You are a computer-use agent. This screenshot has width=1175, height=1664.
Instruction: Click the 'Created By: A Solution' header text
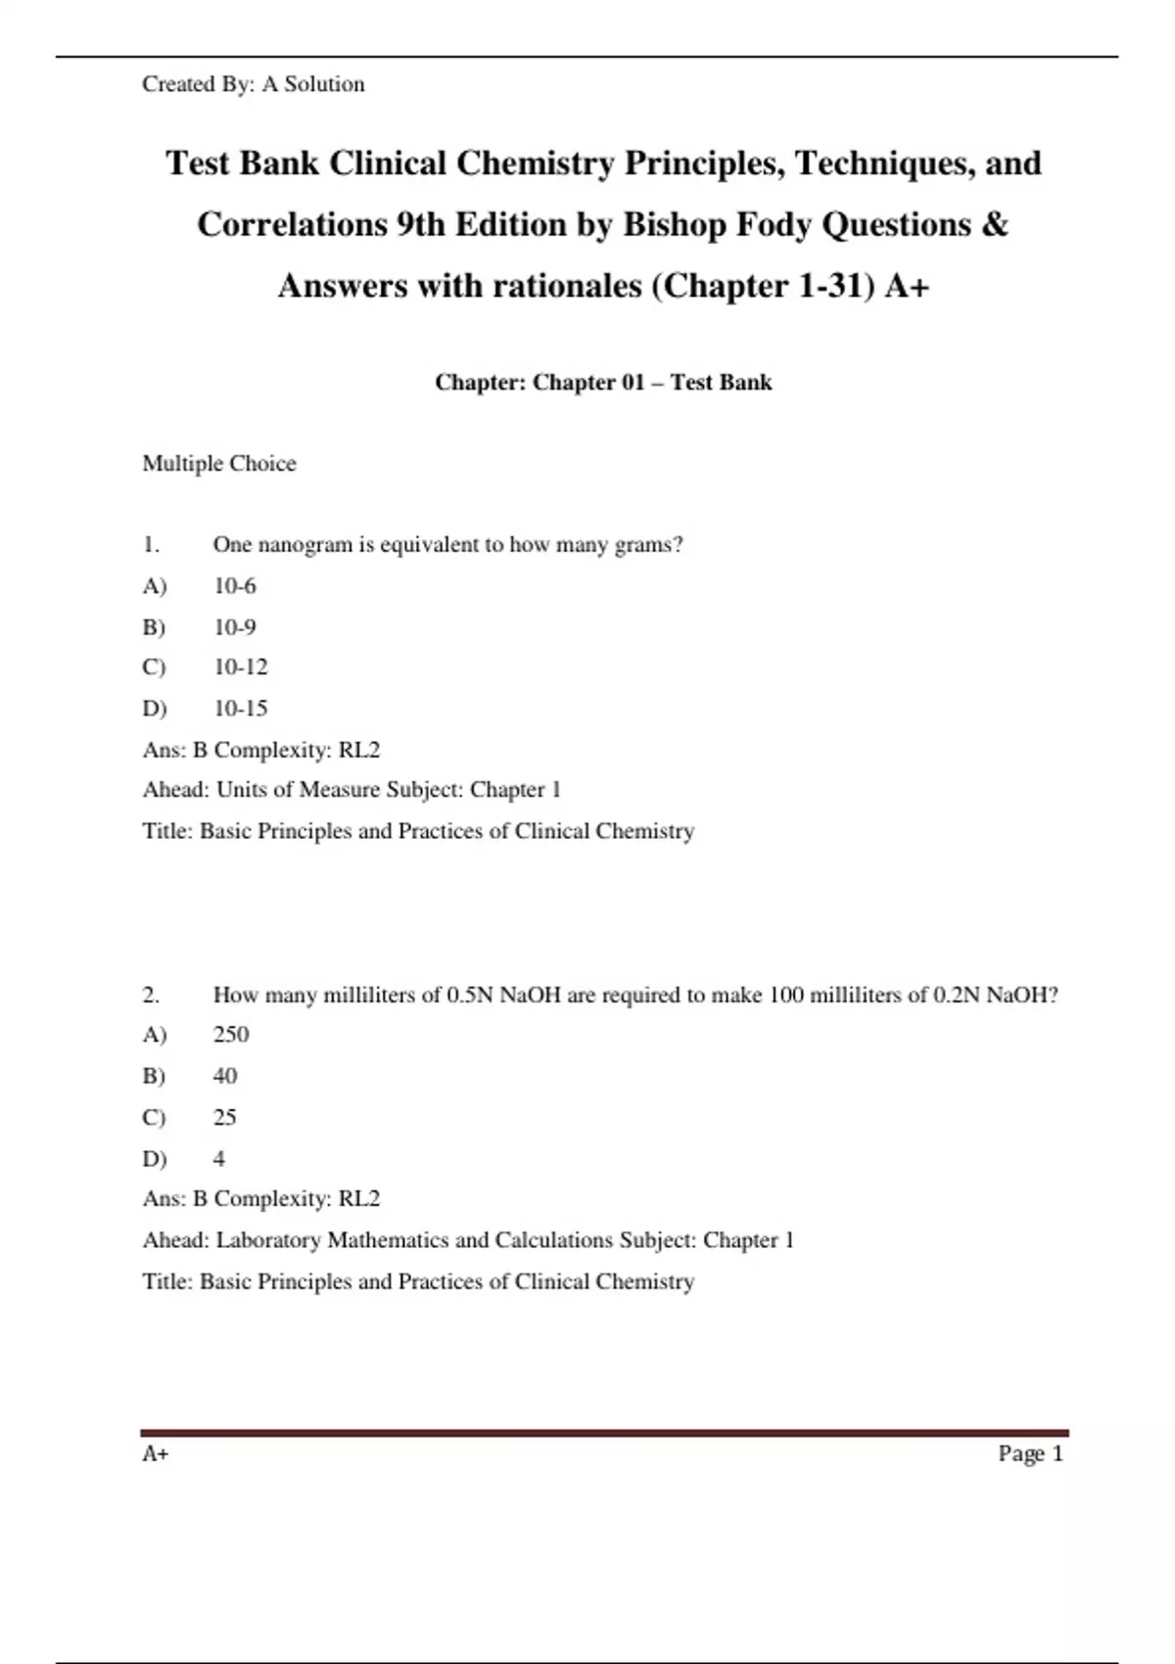(x=253, y=84)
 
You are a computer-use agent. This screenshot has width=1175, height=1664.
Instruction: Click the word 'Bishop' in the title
(x=675, y=224)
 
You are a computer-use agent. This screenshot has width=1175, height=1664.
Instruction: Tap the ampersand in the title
(x=994, y=224)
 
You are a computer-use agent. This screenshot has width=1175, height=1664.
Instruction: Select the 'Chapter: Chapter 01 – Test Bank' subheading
(x=603, y=382)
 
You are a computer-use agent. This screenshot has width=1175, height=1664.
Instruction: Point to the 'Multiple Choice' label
(x=219, y=463)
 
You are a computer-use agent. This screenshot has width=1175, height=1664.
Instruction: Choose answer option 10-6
(x=235, y=585)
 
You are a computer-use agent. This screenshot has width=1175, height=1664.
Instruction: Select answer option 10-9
(x=235, y=626)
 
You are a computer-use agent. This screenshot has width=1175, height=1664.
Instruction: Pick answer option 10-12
(x=241, y=667)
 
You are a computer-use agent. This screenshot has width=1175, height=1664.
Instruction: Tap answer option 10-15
(x=241, y=708)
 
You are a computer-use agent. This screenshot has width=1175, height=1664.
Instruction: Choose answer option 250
(x=231, y=1035)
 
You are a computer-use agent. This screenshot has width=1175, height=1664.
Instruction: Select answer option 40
(x=225, y=1076)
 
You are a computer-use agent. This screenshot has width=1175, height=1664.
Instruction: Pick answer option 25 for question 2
(x=225, y=1117)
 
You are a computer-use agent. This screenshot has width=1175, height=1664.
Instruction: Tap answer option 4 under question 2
(x=219, y=1158)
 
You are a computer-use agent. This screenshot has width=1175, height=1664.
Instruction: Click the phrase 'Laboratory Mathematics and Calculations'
(x=414, y=1240)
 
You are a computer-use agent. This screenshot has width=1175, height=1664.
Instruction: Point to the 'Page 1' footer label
(x=1030, y=1454)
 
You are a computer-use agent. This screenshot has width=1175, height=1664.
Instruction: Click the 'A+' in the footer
(x=156, y=1454)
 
